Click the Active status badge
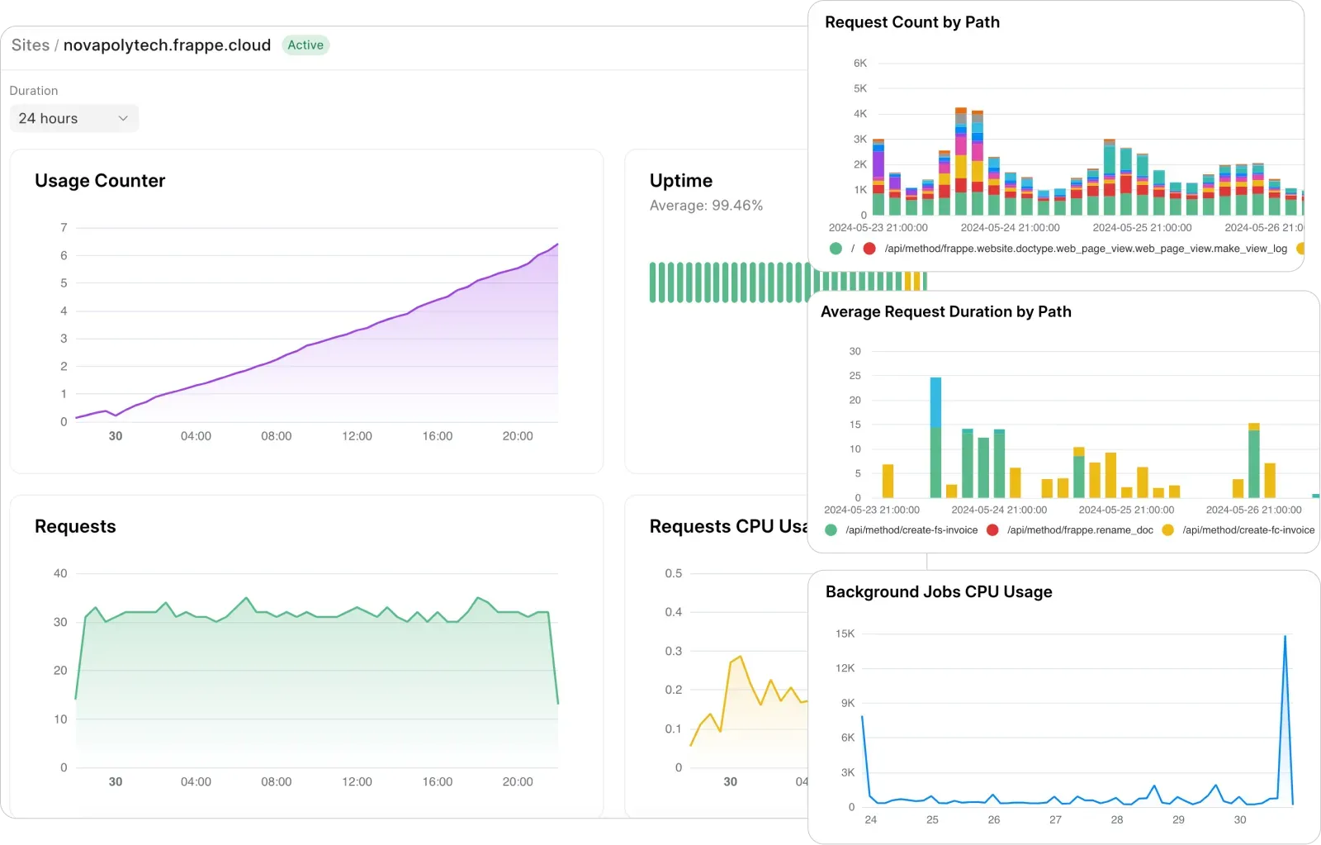point(305,45)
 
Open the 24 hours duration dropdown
point(73,118)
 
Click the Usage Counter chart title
point(100,181)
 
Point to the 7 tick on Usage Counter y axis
point(64,227)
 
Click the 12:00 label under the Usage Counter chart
point(357,436)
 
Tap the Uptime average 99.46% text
point(706,206)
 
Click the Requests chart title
point(75,527)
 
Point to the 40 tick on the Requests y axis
point(60,573)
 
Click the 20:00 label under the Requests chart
point(518,782)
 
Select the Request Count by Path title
point(911,22)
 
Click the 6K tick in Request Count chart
point(860,63)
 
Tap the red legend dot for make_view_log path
point(869,249)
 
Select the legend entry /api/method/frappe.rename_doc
point(1079,530)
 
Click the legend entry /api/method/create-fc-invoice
point(1248,530)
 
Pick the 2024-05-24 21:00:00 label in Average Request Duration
point(998,510)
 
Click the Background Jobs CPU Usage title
point(939,592)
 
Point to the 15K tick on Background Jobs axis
point(845,634)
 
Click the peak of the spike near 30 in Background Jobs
point(1285,637)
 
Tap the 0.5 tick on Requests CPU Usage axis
point(674,573)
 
